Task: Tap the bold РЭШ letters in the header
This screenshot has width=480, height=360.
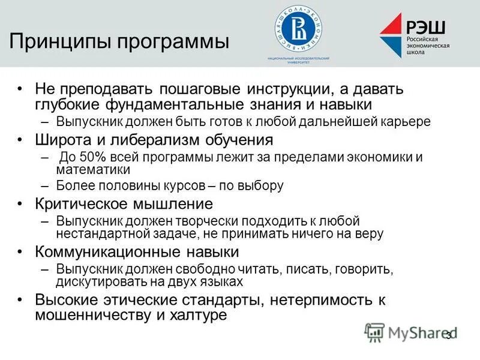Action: [x=427, y=26]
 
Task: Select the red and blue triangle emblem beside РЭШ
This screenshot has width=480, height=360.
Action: [x=392, y=35]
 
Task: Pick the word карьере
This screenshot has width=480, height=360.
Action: [x=406, y=122]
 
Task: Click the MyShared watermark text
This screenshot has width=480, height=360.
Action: [x=414, y=332]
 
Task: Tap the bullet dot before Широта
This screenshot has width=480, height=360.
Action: [x=21, y=140]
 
